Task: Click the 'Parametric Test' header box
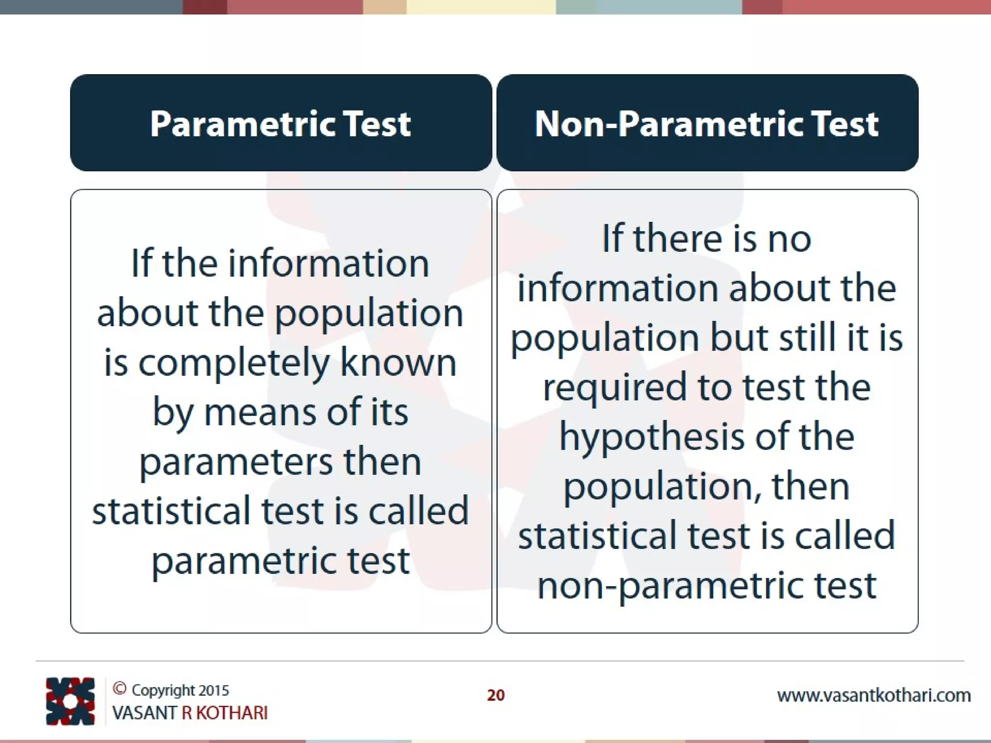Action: [x=281, y=123]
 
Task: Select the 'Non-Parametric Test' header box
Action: [x=707, y=123]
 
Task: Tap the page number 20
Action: [x=495, y=695]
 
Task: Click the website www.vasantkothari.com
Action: [x=874, y=696]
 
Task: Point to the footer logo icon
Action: [x=70, y=701]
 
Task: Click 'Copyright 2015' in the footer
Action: [x=180, y=690]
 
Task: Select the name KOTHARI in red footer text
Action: [x=232, y=713]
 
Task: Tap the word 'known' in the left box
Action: [x=398, y=363]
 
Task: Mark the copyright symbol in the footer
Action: [x=120, y=688]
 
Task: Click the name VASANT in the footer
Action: [x=144, y=713]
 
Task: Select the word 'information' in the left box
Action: [x=329, y=264]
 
